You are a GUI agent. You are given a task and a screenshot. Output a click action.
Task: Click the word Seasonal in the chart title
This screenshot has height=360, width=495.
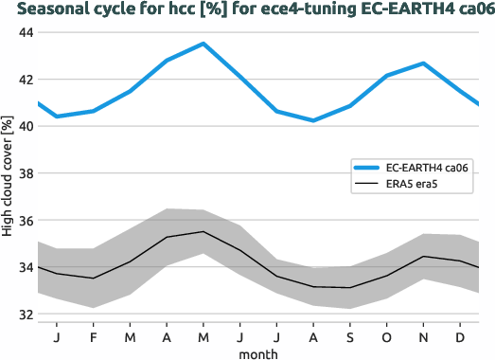pyautogui.click(x=52, y=10)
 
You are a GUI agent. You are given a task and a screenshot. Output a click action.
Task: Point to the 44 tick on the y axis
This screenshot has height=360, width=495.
pyautogui.click(x=26, y=33)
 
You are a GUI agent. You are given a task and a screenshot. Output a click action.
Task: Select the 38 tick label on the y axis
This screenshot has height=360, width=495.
pyautogui.click(x=26, y=174)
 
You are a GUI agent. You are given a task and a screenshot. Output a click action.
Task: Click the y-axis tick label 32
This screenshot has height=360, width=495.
pyautogui.click(x=26, y=315)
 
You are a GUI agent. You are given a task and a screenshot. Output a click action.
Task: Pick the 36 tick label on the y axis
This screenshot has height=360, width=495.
pyautogui.click(x=26, y=221)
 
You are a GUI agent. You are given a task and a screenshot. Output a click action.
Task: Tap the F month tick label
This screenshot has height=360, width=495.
pyautogui.click(x=94, y=336)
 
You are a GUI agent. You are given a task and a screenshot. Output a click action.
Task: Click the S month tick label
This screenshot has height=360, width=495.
pyautogui.click(x=349, y=336)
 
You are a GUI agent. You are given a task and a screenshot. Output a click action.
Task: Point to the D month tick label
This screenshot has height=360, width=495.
pyautogui.click(x=459, y=336)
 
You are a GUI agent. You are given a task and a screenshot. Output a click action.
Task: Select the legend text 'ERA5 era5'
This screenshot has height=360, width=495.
pyautogui.click(x=405, y=185)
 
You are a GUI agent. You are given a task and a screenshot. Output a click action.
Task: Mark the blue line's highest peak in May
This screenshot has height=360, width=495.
pyautogui.click(x=203, y=44)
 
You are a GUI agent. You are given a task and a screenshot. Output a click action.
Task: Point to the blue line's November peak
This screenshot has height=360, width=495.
pyautogui.click(x=422, y=63)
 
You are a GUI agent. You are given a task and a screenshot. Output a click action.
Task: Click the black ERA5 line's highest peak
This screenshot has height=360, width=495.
pyautogui.click(x=203, y=231)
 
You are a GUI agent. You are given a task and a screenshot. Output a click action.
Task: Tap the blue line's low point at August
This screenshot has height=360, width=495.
pyautogui.click(x=312, y=120)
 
